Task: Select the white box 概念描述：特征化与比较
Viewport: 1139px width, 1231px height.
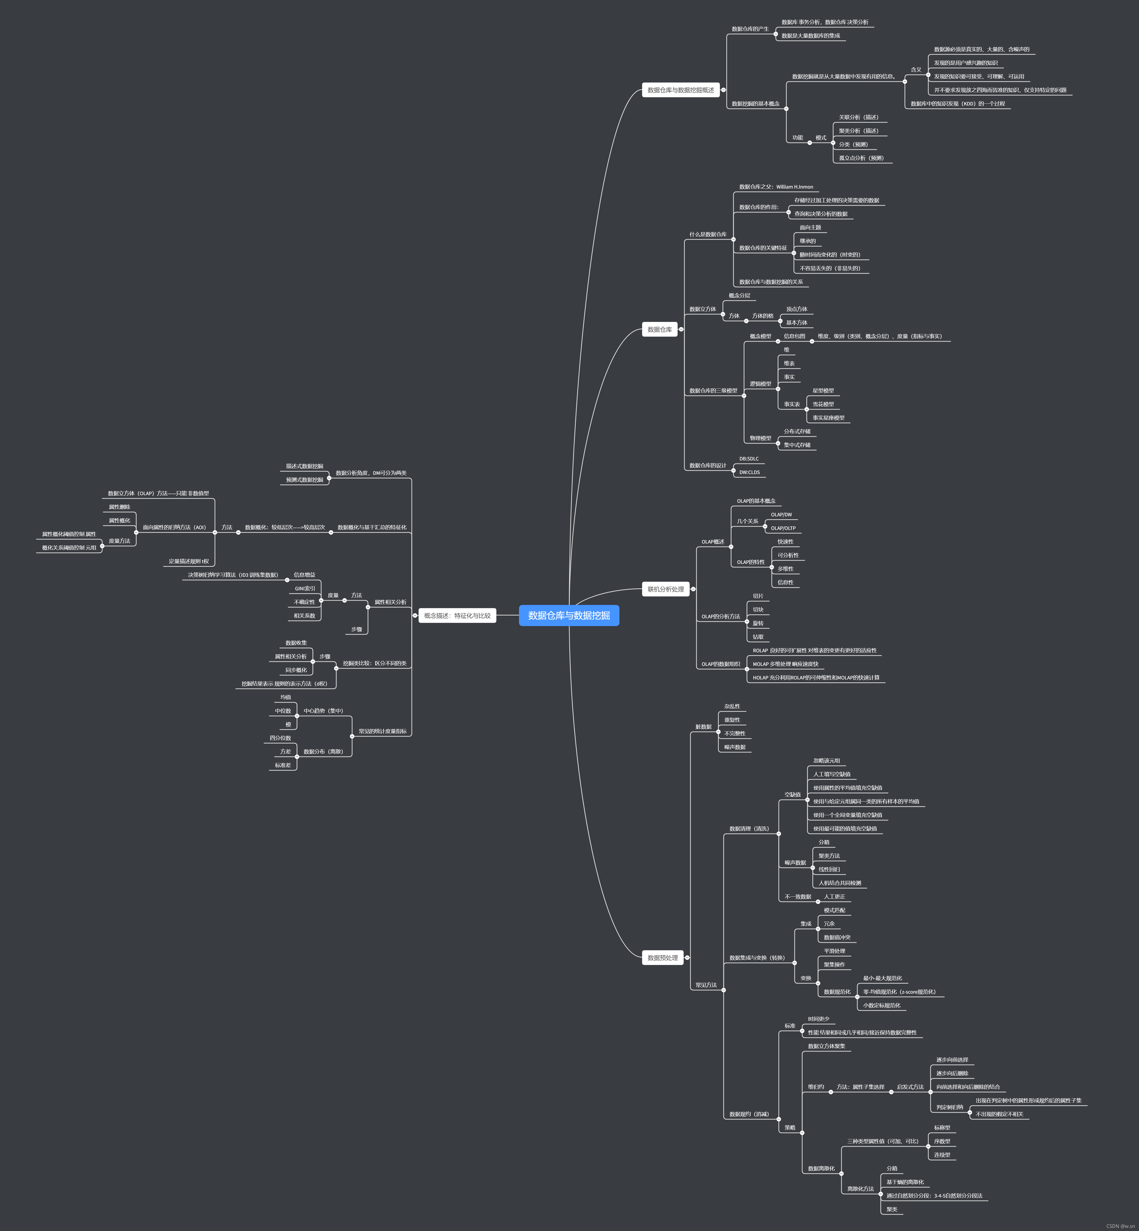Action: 457,615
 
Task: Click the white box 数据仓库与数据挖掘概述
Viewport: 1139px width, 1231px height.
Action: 680,90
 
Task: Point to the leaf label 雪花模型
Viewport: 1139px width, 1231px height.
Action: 823,404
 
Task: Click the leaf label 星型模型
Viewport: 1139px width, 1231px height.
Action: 823,391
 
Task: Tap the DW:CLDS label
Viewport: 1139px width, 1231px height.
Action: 749,472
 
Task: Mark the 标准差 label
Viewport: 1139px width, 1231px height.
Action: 283,765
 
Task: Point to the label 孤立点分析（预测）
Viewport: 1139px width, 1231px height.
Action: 861,158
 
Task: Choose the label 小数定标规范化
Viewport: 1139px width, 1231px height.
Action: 881,1005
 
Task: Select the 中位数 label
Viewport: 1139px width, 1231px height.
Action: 283,711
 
